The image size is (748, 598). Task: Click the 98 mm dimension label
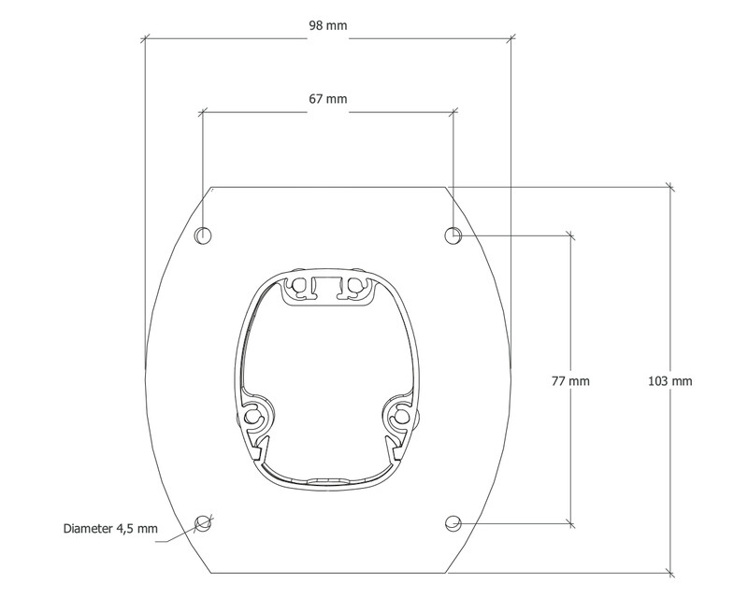click(x=328, y=25)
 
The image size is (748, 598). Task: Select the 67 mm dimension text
click(x=328, y=99)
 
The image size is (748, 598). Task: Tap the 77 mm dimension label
click(x=570, y=381)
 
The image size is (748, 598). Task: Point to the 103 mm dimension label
click(x=669, y=381)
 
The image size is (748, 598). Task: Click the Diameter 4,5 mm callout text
click(x=110, y=528)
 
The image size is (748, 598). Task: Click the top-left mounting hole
click(x=203, y=235)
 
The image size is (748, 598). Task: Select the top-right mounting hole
click(x=453, y=235)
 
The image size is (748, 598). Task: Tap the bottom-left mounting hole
click(x=203, y=523)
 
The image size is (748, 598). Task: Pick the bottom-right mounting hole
click(x=453, y=523)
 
